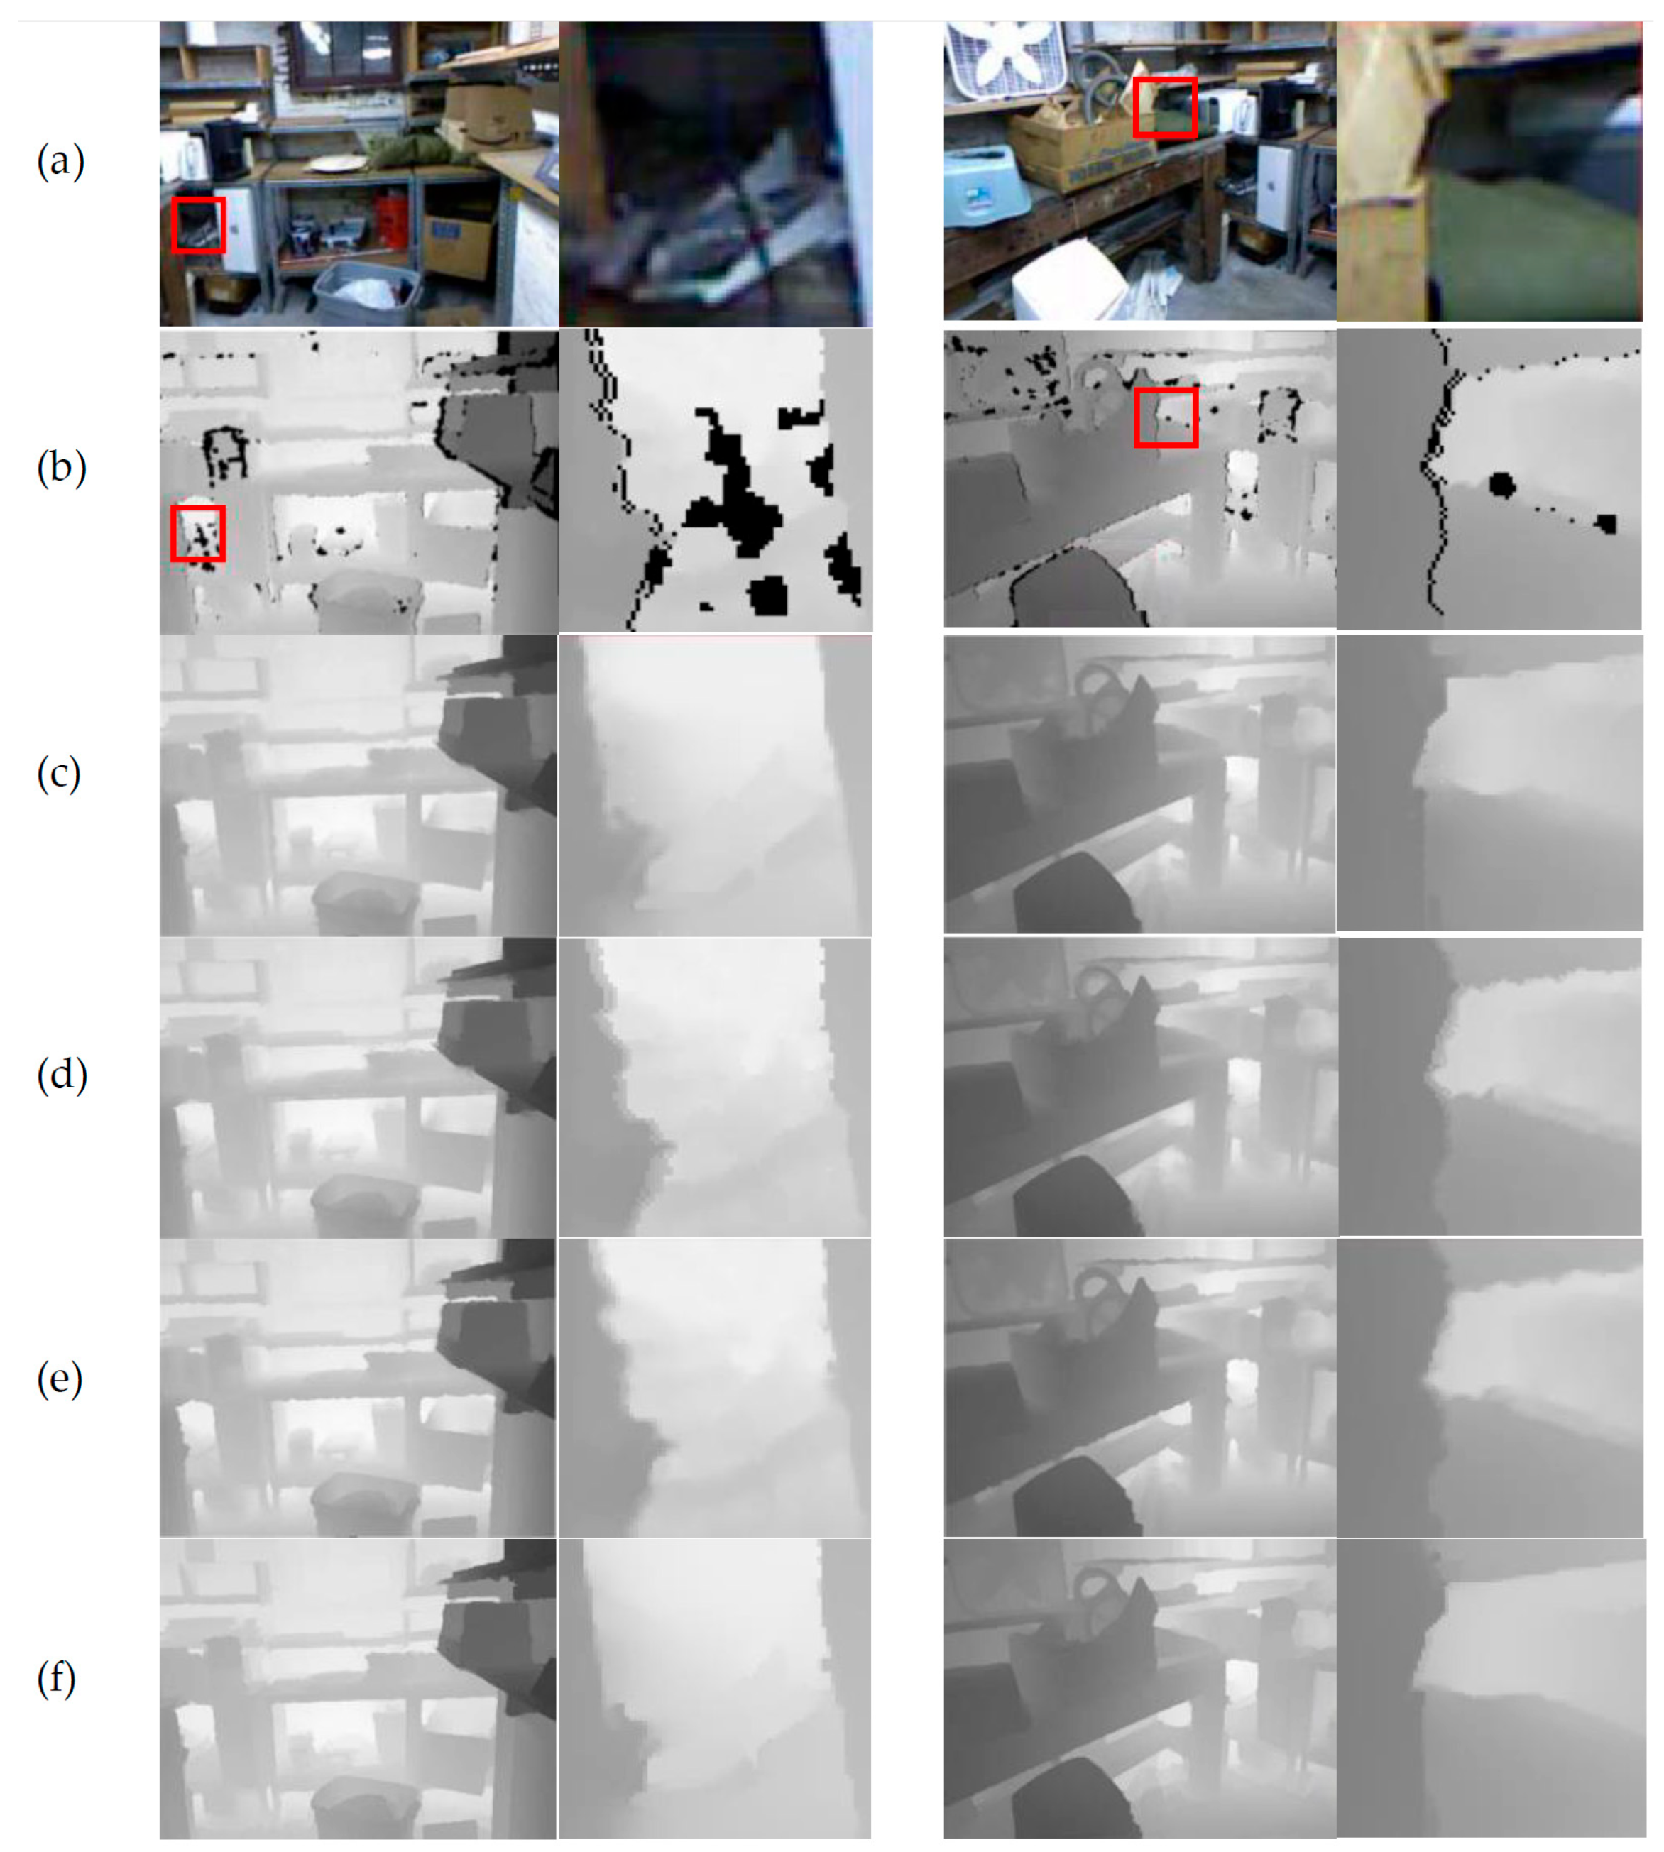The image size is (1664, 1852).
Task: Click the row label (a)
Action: [60, 161]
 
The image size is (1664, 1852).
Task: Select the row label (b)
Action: [61, 467]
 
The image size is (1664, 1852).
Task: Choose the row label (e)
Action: [60, 1379]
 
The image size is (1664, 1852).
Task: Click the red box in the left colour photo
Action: [198, 225]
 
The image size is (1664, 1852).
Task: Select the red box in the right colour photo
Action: [1165, 107]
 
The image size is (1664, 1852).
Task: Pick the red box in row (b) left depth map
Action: [197, 534]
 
